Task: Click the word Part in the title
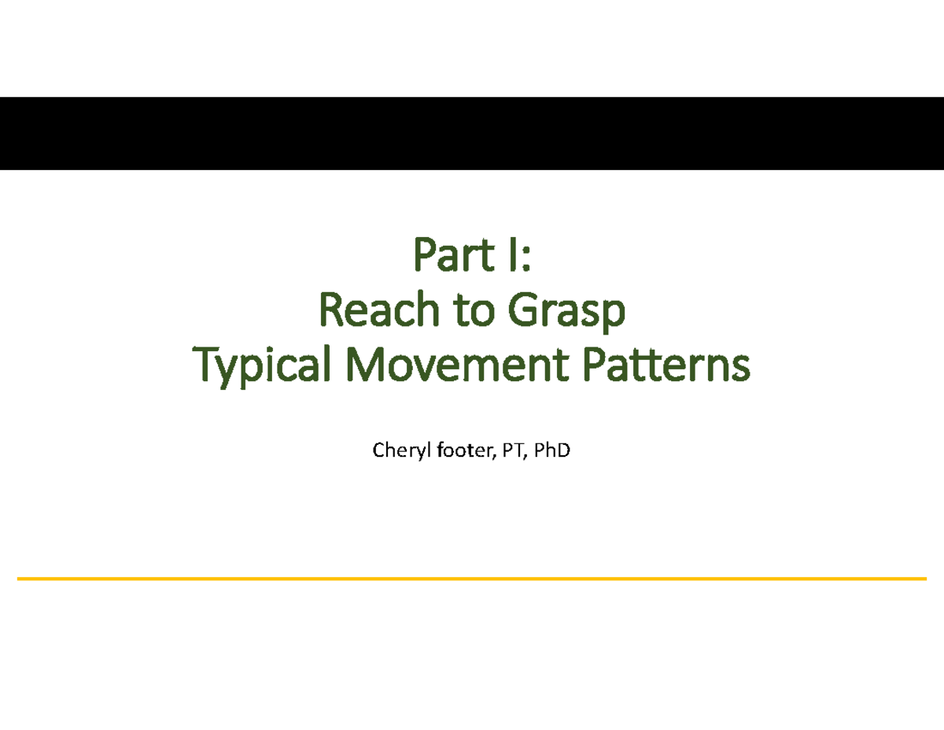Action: click(449, 258)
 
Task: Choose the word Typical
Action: click(260, 366)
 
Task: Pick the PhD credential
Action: click(548, 451)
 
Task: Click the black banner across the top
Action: click(472, 133)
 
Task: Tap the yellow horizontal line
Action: click(472, 579)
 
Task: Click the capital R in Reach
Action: click(328, 311)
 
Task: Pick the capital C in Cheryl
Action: click(378, 451)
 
